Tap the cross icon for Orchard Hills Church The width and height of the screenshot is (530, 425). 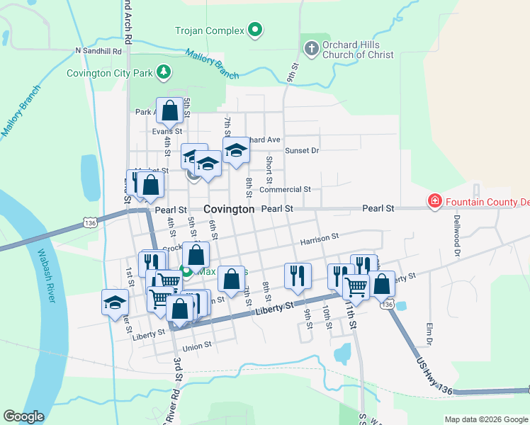click(x=310, y=49)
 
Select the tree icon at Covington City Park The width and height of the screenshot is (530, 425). click(x=164, y=72)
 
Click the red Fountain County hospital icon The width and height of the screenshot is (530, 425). click(x=433, y=203)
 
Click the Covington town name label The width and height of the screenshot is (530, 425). click(x=229, y=210)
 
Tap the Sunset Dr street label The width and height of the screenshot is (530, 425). click(x=302, y=151)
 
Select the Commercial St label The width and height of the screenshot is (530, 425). click(x=285, y=190)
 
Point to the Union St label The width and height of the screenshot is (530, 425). click(x=197, y=346)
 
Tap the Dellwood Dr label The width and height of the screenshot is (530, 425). click(x=457, y=234)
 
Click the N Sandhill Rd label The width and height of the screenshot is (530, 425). click(x=98, y=51)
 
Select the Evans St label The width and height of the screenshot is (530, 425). click(x=167, y=131)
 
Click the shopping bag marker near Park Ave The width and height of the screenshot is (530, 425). click(x=169, y=110)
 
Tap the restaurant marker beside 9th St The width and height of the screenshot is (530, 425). click(x=298, y=275)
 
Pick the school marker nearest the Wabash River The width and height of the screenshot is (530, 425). click(x=115, y=302)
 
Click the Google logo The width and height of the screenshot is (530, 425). click(x=24, y=416)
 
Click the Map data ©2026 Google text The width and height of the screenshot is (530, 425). click(x=486, y=419)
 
